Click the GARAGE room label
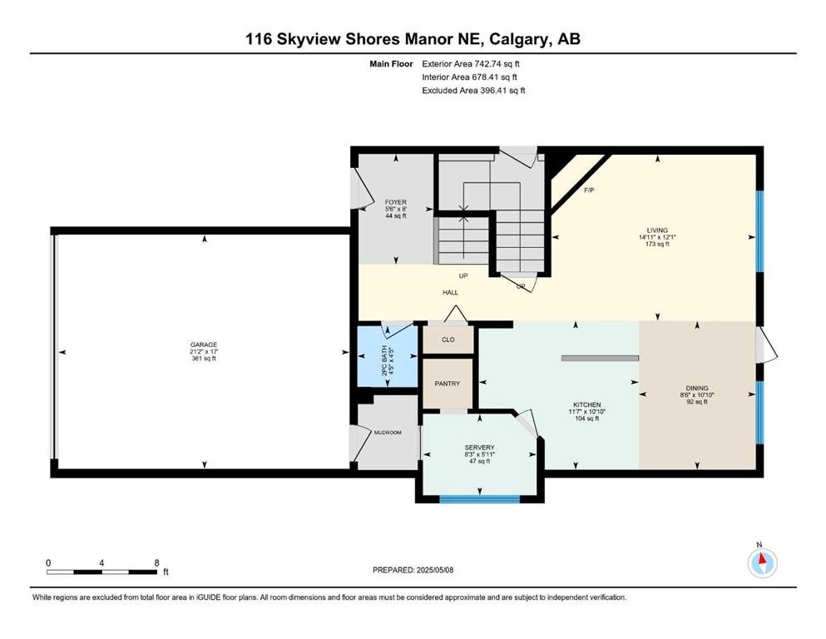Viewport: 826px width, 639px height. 204,345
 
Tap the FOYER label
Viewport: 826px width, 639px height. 396,202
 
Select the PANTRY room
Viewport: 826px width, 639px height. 448,384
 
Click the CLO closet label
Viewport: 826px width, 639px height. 448,339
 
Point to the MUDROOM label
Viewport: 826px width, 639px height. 388,433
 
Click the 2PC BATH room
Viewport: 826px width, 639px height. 388,357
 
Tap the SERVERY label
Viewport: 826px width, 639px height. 479,448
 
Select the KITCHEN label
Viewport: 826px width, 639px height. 586,404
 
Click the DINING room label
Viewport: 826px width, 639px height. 697,388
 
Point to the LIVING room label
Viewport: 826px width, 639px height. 657,230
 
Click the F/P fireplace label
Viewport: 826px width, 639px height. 589,191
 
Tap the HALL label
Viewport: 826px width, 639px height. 450,292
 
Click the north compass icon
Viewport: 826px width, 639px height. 762,562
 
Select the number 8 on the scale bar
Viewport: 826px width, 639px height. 156,562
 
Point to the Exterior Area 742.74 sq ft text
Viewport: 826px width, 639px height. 471,64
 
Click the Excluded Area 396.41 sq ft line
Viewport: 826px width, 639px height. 473,90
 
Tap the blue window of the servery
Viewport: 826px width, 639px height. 480,498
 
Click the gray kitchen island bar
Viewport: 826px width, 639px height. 600,359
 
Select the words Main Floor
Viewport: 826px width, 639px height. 392,64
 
